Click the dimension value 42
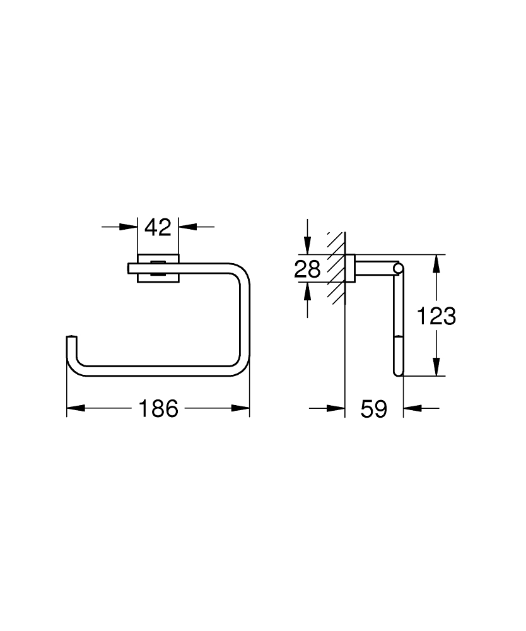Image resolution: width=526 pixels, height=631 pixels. pos(158,227)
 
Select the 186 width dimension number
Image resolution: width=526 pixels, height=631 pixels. pos(158,409)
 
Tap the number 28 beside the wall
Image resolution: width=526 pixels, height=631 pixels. pos(308,269)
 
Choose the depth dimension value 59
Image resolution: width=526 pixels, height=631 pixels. pos(373,409)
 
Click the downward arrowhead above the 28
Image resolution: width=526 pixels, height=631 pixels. pos(307,247)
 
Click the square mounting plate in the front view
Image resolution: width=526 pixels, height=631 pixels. pos(158,268)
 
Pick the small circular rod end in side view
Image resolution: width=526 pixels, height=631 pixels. pos(397,269)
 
